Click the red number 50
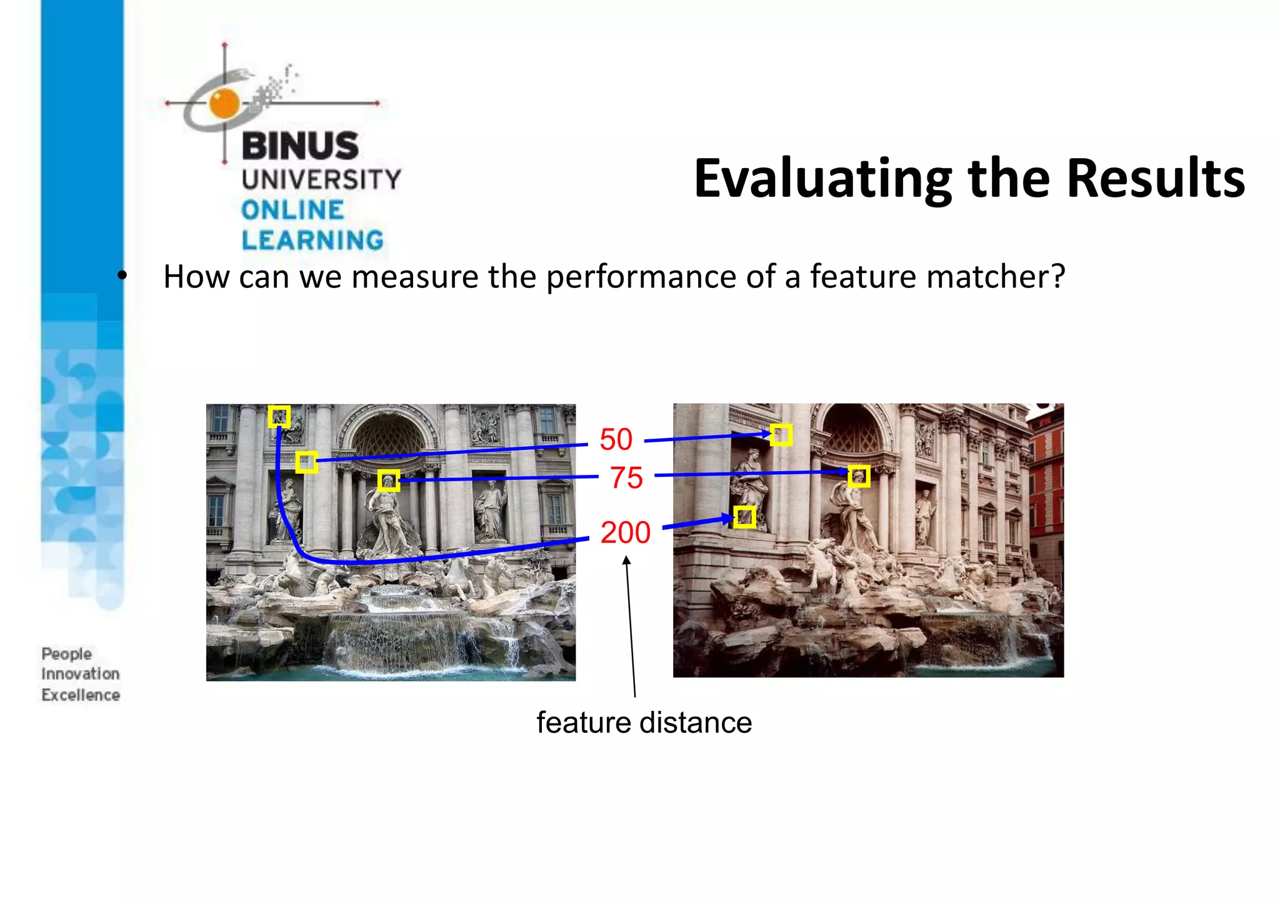pyautogui.click(x=616, y=439)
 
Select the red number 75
pyautogui.click(x=626, y=478)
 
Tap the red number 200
pyautogui.click(x=625, y=532)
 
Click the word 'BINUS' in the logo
pyautogui.click(x=300, y=146)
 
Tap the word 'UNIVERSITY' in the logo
pyautogui.click(x=321, y=180)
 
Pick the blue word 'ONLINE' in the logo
pyautogui.click(x=292, y=210)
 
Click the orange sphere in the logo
pyautogui.click(x=224, y=103)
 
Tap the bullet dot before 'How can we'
pyautogui.click(x=122, y=275)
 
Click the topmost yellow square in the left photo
pyautogui.click(x=279, y=416)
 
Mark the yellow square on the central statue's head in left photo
pyautogui.click(x=388, y=481)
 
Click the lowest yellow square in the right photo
pyautogui.click(x=744, y=517)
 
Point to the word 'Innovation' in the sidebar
pyautogui.click(x=80, y=674)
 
